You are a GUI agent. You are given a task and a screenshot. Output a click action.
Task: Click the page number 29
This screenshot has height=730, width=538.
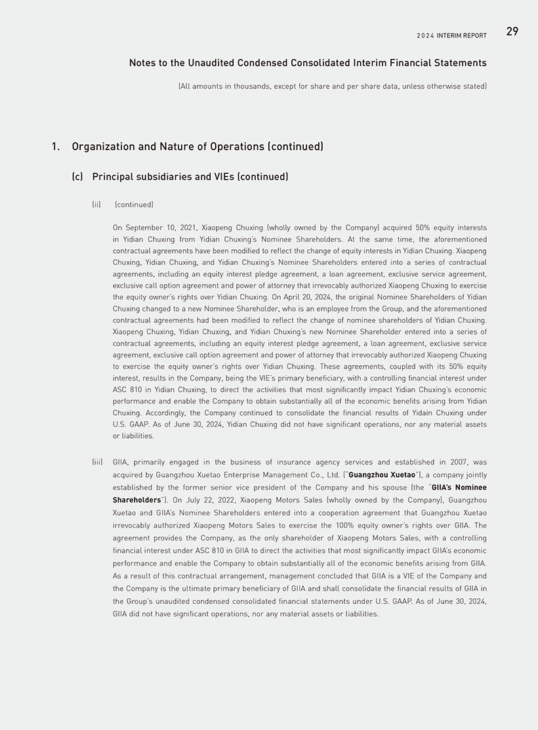pyautogui.click(x=512, y=31)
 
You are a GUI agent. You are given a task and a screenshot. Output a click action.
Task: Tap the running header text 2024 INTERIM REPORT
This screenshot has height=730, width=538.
pyautogui.click(x=451, y=35)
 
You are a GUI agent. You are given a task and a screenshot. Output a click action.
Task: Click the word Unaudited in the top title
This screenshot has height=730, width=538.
pyautogui.click(x=215, y=63)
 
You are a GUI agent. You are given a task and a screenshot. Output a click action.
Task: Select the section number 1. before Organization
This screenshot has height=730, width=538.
pyautogui.click(x=56, y=146)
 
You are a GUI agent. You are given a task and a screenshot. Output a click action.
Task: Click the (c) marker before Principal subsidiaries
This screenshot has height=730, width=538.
pyautogui.click(x=77, y=177)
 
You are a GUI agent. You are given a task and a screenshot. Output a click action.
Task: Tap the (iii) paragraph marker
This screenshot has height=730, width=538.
pyautogui.click(x=97, y=462)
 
